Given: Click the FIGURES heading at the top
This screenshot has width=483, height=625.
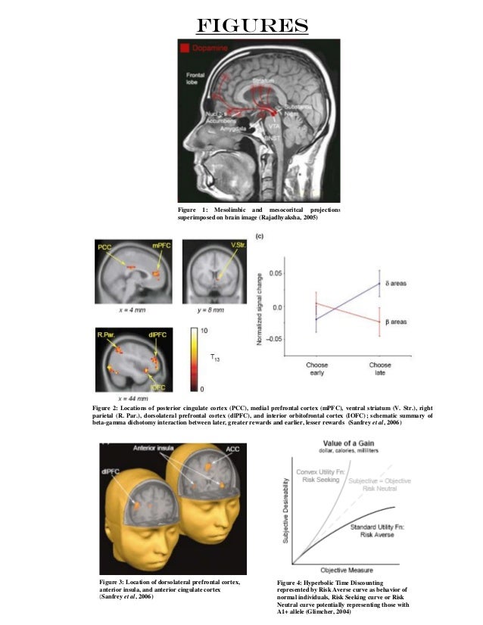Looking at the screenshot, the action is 251,26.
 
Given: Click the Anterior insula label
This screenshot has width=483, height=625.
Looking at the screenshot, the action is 155,449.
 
